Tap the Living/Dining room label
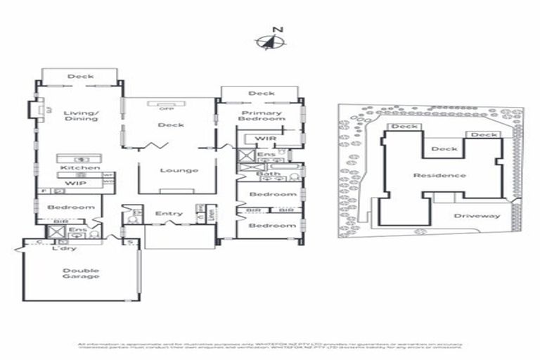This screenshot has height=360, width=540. coord(80,115)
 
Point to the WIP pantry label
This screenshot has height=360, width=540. coord(75,184)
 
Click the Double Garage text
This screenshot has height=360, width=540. coord(80,274)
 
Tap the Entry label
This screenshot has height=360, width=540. coord(169,214)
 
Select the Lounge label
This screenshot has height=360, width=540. coord(179,170)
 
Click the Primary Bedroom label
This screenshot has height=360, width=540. coord(262,116)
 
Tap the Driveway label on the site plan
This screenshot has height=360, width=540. coord(477,216)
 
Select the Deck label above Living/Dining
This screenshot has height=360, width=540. coord(80,77)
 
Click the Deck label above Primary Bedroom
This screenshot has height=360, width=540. coord(262,94)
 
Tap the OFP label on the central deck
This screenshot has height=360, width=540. coord(166,109)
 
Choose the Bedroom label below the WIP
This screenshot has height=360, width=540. coord(70,207)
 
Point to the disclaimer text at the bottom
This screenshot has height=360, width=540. coord(270,345)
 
